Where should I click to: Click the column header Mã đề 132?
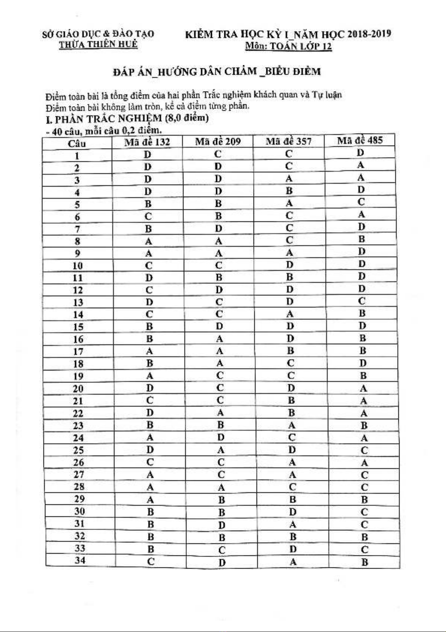click(147, 142)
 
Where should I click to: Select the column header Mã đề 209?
click(218, 141)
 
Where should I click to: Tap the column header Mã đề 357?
click(288, 141)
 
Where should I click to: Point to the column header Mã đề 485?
click(359, 140)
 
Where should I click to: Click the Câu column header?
click(77, 144)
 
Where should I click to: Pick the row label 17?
click(78, 351)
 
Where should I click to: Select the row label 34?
click(80, 560)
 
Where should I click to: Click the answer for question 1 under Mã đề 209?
click(218, 154)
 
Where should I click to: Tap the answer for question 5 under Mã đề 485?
click(361, 202)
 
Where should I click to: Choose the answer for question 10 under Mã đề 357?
click(289, 265)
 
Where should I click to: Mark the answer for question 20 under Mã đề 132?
click(150, 388)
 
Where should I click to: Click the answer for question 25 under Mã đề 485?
click(364, 450)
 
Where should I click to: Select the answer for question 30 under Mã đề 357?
click(292, 512)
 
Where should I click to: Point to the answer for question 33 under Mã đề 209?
click(222, 550)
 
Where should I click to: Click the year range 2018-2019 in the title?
click(369, 34)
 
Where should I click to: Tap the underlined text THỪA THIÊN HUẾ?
click(98, 44)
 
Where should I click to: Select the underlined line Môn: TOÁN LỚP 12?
click(288, 46)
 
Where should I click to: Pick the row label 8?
click(77, 241)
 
